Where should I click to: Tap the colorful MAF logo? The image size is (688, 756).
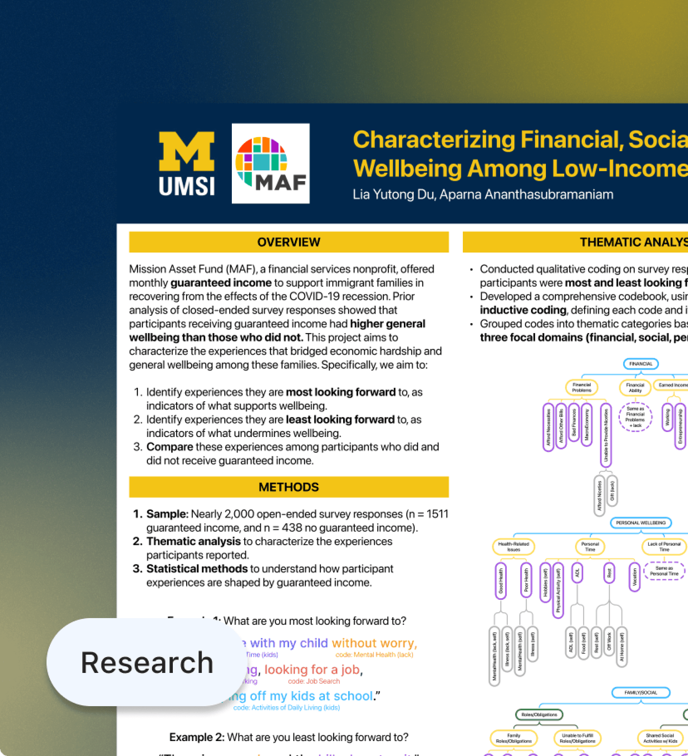[x=270, y=164]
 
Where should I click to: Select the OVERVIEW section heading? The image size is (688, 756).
[x=289, y=242]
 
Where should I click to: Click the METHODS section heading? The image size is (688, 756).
[x=289, y=487]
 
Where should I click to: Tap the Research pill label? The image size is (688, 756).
[x=147, y=662]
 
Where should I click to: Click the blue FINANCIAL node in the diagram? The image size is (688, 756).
[x=641, y=364]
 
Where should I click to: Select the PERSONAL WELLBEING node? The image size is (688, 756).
[x=641, y=523]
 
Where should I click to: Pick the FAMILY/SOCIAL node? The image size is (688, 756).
[x=641, y=692]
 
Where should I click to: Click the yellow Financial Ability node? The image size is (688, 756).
[x=635, y=388]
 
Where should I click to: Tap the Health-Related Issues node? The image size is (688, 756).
[x=514, y=546]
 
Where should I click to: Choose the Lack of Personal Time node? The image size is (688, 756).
[x=664, y=546]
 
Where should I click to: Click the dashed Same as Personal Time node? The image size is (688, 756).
[x=664, y=571]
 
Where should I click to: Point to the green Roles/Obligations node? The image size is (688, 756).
[x=539, y=714]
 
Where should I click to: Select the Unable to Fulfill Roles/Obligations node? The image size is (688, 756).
[x=577, y=738]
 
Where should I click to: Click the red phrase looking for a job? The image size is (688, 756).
[x=312, y=670]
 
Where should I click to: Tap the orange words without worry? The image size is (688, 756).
[x=374, y=643]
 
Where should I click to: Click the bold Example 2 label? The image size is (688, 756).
[x=197, y=737]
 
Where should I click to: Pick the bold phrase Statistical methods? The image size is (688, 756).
[x=197, y=569]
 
